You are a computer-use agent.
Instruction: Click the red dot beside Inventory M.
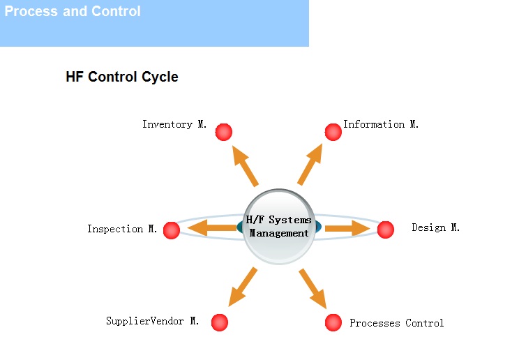pyautogui.click(x=224, y=132)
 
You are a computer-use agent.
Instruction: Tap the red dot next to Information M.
pyautogui.click(x=333, y=132)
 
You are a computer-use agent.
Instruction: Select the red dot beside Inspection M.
pyautogui.click(x=172, y=230)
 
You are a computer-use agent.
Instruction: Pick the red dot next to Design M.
pyautogui.click(x=386, y=230)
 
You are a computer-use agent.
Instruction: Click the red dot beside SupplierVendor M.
pyautogui.click(x=220, y=322)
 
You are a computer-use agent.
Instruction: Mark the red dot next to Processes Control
pyautogui.click(x=333, y=322)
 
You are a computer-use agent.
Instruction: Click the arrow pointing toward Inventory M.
pyautogui.click(x=245, y=166)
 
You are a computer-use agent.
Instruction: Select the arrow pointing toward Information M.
pyautogui.click(x=310, y=164)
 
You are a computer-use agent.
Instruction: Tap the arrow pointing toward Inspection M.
pyautogui.click(x=212, y=228)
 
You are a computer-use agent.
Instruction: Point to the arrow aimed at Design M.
pyautogui.click(x=347, y=228)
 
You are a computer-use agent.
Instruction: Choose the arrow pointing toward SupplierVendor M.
pyautogui.click(x=243, y=287)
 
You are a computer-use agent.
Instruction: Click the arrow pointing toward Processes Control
pyautogui.click(x=313, y=288)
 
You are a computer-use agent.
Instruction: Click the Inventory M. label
pyautogui.click(x=174, y=124)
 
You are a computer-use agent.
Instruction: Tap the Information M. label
pyautogui.click(x=381, y=124)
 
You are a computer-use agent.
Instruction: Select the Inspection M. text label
pyautogui.click(x=122, y=229)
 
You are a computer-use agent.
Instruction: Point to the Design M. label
pyautogui.click(x=435, y=227)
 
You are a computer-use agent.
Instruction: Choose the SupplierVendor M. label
pyautogui.click(x=152, y=321)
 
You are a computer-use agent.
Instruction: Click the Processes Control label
pyautogui.click(x=396, y=323)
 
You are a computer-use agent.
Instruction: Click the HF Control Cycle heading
pyautogui.click(x=122, y=77)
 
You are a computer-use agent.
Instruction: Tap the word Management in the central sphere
pyautogui.click(x=279, y=233)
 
